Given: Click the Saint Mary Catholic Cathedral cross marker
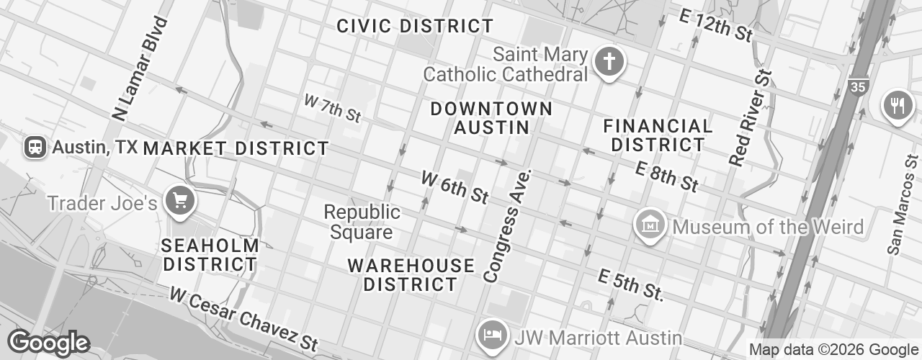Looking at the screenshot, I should [609, 63].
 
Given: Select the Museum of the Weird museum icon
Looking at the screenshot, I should [650, 226].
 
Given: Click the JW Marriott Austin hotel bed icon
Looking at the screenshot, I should [492, 336].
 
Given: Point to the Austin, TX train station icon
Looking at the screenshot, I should [35, 148].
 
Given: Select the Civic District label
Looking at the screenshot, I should [416, 27].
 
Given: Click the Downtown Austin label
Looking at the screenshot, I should [492, 118].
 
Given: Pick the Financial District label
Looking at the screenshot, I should [658, 135].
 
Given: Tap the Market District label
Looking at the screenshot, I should [236, 149].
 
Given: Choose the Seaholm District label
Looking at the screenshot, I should [210, 255].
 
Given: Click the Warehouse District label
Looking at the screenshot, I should [411, 274].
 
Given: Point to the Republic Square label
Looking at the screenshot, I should [361, 222].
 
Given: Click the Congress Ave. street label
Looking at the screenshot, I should [509, 225].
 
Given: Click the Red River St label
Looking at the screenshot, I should [751, 119].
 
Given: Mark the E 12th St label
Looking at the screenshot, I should [715, 25].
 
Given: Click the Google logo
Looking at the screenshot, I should [48, 342].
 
